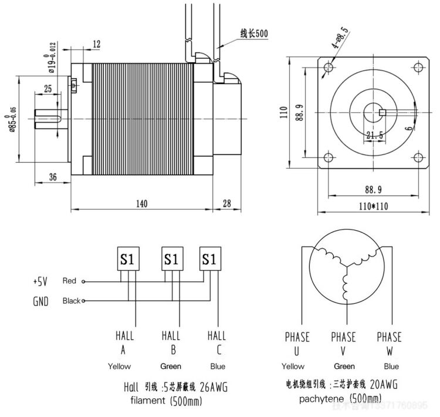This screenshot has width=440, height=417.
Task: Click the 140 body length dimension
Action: pyautogui.click(x=141, y=203)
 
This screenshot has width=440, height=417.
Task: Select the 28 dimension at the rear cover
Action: pyautogui.click(x=227, y=203)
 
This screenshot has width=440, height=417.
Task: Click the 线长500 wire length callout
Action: pyautogui.click(x=253, y=34)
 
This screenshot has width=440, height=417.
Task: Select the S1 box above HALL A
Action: pyautogui.click(x=127, y=259)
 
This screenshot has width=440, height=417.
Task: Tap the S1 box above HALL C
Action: pyautogui.click(x=210, y=259)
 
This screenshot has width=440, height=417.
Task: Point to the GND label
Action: pyautogui.click(x=40, y=301)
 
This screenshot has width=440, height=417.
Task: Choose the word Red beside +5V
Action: pyautogui.click(x=69, y=281)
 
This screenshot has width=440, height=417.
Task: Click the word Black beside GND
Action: pyautogui.click(x=71, y=301)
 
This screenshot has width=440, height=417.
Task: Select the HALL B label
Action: pyautogui.click(x=171, y=343)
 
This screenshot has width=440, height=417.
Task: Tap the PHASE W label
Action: pyautogui.click(x=389, y=344)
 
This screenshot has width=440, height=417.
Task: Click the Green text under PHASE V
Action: pyautogui.click(x=344, y=366)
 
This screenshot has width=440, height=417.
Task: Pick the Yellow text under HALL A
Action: pyautogui.click(x=120, y=366)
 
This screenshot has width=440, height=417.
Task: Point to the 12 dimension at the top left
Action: pyautogui.click(x=97, y=44)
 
